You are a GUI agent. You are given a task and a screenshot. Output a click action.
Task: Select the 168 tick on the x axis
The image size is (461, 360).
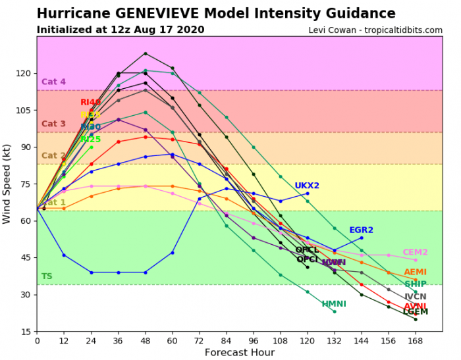tap(416, 341)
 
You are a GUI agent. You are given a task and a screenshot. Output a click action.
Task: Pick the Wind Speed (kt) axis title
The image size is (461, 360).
tap(7, 184)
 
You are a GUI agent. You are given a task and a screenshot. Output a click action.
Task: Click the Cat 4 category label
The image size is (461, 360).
tap(53, 82)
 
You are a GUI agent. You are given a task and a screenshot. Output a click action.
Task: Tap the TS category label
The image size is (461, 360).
tap(46, 276)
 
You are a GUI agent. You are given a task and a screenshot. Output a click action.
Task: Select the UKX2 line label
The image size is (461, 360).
tap(307, 186)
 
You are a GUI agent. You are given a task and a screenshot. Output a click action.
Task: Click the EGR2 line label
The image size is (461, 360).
tap(362, 230)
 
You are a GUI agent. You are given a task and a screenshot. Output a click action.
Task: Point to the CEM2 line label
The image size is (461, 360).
tap(415, 252)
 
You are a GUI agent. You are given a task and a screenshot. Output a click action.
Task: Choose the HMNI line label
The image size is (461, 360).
tap(334, 304)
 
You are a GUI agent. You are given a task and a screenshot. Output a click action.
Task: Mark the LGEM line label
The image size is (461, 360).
tap(415, 312)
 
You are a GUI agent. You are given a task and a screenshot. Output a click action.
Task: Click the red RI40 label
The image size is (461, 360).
tap(91, 103)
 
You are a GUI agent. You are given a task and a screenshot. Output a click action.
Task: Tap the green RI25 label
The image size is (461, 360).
tap(91, 140)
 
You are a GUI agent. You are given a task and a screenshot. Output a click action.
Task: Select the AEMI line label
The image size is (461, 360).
tap(415, 272)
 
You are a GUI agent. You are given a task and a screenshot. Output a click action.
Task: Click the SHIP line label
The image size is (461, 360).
tap(415, 284)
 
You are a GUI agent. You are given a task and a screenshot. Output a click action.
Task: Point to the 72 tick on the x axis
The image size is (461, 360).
tap(199, 341)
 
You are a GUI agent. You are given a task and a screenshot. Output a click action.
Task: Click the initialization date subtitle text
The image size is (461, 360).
tap(120, 30)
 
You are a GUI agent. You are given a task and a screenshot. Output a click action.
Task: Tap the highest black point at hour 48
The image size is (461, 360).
tap(146, 53)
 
